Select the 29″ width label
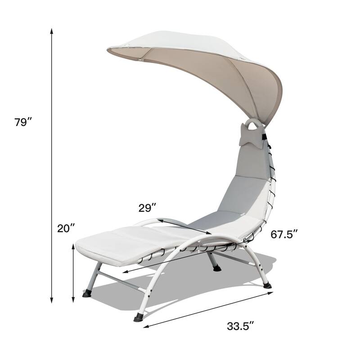coord(147,207)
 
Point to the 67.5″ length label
coord(284,235)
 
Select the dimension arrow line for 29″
coord(184,226)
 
